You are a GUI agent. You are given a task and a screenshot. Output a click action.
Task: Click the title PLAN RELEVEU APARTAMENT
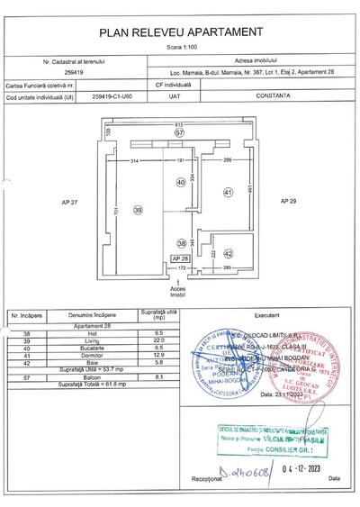180,31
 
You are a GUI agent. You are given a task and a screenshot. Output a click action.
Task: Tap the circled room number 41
228,192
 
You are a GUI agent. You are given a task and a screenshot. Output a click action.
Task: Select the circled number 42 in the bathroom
228,255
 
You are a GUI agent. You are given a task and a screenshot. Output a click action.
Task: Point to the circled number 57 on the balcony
179,132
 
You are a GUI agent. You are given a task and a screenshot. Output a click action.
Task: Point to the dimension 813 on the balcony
179,122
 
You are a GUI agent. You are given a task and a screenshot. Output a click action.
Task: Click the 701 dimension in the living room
115,211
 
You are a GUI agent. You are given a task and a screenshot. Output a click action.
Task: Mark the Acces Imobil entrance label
178,291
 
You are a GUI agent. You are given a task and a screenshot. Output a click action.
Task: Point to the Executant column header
267,317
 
